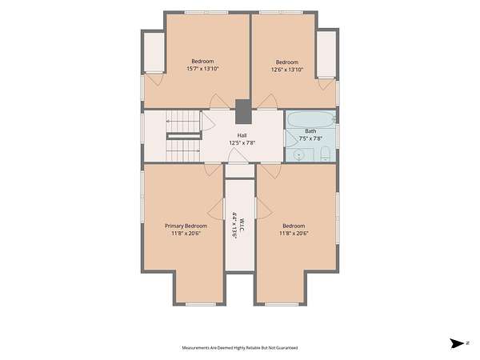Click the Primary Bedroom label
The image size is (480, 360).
point(186,226)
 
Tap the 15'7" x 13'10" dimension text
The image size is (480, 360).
point(202,69)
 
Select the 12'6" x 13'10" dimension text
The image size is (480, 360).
point(287,70)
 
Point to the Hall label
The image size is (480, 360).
point(242,135)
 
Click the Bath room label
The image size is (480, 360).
point(310,131)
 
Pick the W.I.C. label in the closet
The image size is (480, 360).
point(242,224)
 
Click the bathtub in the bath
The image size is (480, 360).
point(311,120)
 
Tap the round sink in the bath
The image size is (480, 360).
point(298,154)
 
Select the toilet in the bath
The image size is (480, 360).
point(325,154)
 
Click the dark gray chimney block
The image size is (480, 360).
point(243,112)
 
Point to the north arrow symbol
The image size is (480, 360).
point(457,343)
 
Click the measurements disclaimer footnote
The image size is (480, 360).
point(240,348)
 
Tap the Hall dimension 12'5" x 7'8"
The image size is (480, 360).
point(242,142)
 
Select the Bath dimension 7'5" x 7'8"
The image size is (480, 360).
point(310,138)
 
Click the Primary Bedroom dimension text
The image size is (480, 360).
point(186,234)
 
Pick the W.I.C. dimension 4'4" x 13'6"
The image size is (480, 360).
point(234,224)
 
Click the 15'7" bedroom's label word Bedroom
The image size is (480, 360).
point(202,62)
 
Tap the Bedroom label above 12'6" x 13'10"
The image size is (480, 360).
point(287,62)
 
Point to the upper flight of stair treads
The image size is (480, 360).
point(183,122)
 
